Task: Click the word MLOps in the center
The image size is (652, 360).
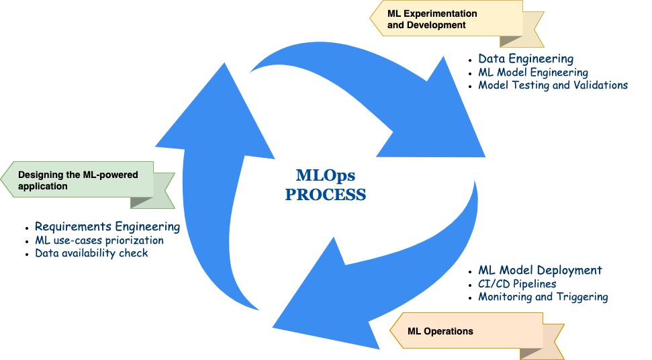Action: (x=326, y=175)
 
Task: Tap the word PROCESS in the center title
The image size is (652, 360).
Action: (x=326, y=195)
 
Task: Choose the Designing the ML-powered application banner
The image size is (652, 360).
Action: (x=81, y=181)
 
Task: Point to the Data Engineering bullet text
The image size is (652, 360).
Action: (x=526, y=59)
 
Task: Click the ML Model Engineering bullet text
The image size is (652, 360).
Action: (x=533, y=73)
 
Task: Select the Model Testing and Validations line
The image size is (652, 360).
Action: (x=553, y=85)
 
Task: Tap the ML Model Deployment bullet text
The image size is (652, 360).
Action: (x=540, y=270)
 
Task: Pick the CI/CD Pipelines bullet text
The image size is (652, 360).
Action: (x=517, y=283)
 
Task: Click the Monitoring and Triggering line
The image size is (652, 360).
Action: (x=543, y=297)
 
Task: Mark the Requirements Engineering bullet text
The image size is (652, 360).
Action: (x=107, y=227)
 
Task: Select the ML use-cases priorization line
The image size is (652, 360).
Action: (x=99, y=240)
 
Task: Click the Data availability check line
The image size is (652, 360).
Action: (x=91, y=253)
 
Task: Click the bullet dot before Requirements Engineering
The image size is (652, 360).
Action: (x=27, y=228)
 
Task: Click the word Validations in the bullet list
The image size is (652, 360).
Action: (x=599, y=85)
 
